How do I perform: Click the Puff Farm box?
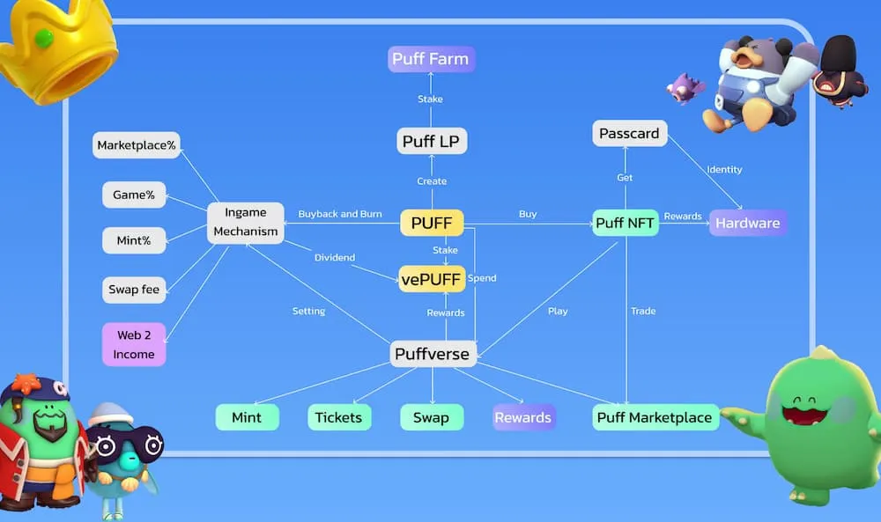(431, 59)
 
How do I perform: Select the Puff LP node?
(431, 141)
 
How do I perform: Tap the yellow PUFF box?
(432, 223)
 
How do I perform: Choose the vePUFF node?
(432, 279)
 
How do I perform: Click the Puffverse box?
(432, 354)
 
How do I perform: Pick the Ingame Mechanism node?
(246, 223)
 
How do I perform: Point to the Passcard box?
(629, 134)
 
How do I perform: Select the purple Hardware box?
(748, 223)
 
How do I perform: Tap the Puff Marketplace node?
(655, 417)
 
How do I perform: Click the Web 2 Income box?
(134, 345)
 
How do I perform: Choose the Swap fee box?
(134, 290)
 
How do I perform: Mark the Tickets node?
(339, 417)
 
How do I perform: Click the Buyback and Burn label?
(340, 214)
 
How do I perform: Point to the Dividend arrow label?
(334, 258)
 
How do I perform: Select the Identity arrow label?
(724, 170)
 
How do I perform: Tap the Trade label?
(643, 311)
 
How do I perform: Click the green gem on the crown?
(44, 38)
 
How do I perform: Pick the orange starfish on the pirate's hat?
(26, 384)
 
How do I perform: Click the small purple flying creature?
(685, 88)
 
